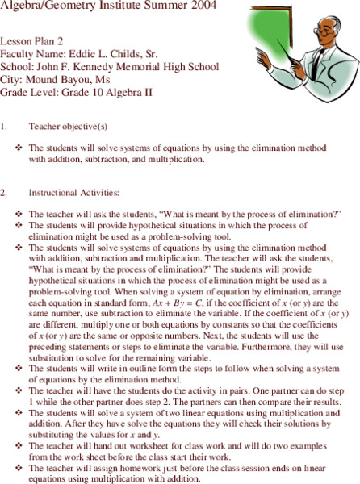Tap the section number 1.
[4, 127]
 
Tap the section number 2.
[4, 194]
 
